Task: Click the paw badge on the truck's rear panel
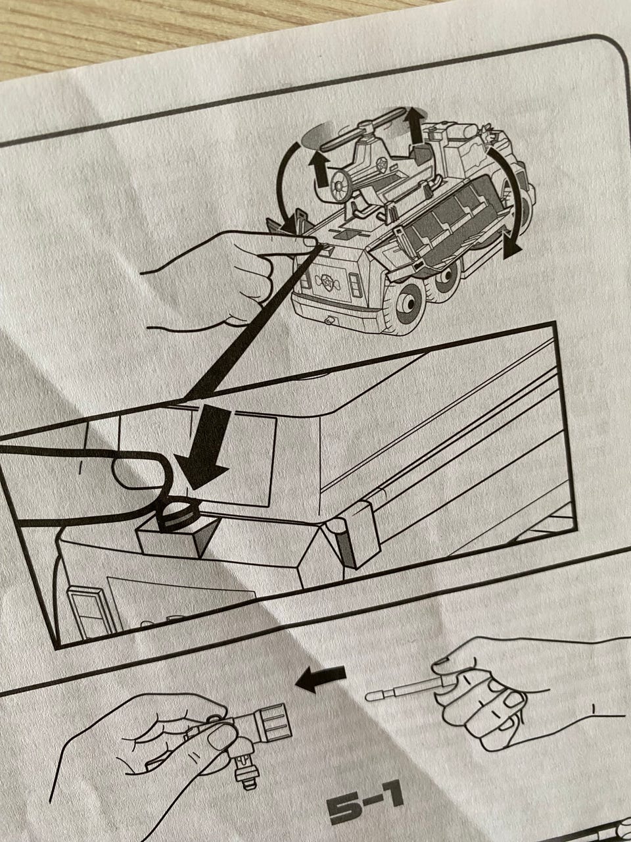[329, 281]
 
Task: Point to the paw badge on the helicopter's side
[382, 166]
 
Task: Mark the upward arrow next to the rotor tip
[415, 125]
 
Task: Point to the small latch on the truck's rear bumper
[329, 320]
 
